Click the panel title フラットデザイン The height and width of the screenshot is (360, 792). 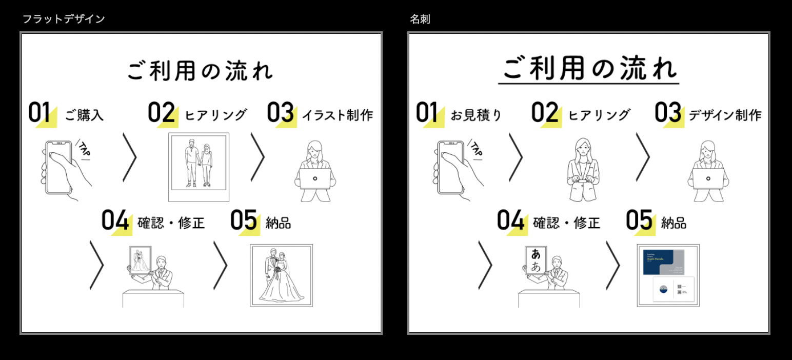(x=64, y=19)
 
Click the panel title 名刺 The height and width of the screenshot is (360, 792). (x=420, y=19)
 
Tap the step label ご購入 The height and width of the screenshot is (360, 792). (x=84, y=115)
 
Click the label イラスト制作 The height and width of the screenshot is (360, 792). (x=337, y=115)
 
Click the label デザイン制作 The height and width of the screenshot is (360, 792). (x=725, y=115)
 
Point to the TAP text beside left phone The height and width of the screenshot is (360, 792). (x=83, y=149)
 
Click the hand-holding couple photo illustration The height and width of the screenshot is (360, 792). (x=199, y=167)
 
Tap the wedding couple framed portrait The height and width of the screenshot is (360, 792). (x=281, y=275)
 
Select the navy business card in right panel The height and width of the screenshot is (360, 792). (x=663, y=264)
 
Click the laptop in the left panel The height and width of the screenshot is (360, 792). (x=315, y=179)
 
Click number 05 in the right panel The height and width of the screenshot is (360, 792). (x=639, y=221)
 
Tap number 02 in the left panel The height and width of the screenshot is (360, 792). (x=162, y=113)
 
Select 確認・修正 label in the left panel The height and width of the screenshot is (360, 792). (x=171, y=223)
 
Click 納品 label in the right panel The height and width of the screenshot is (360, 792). (x=674, y=223)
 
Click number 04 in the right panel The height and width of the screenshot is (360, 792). (x=510, y=221)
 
